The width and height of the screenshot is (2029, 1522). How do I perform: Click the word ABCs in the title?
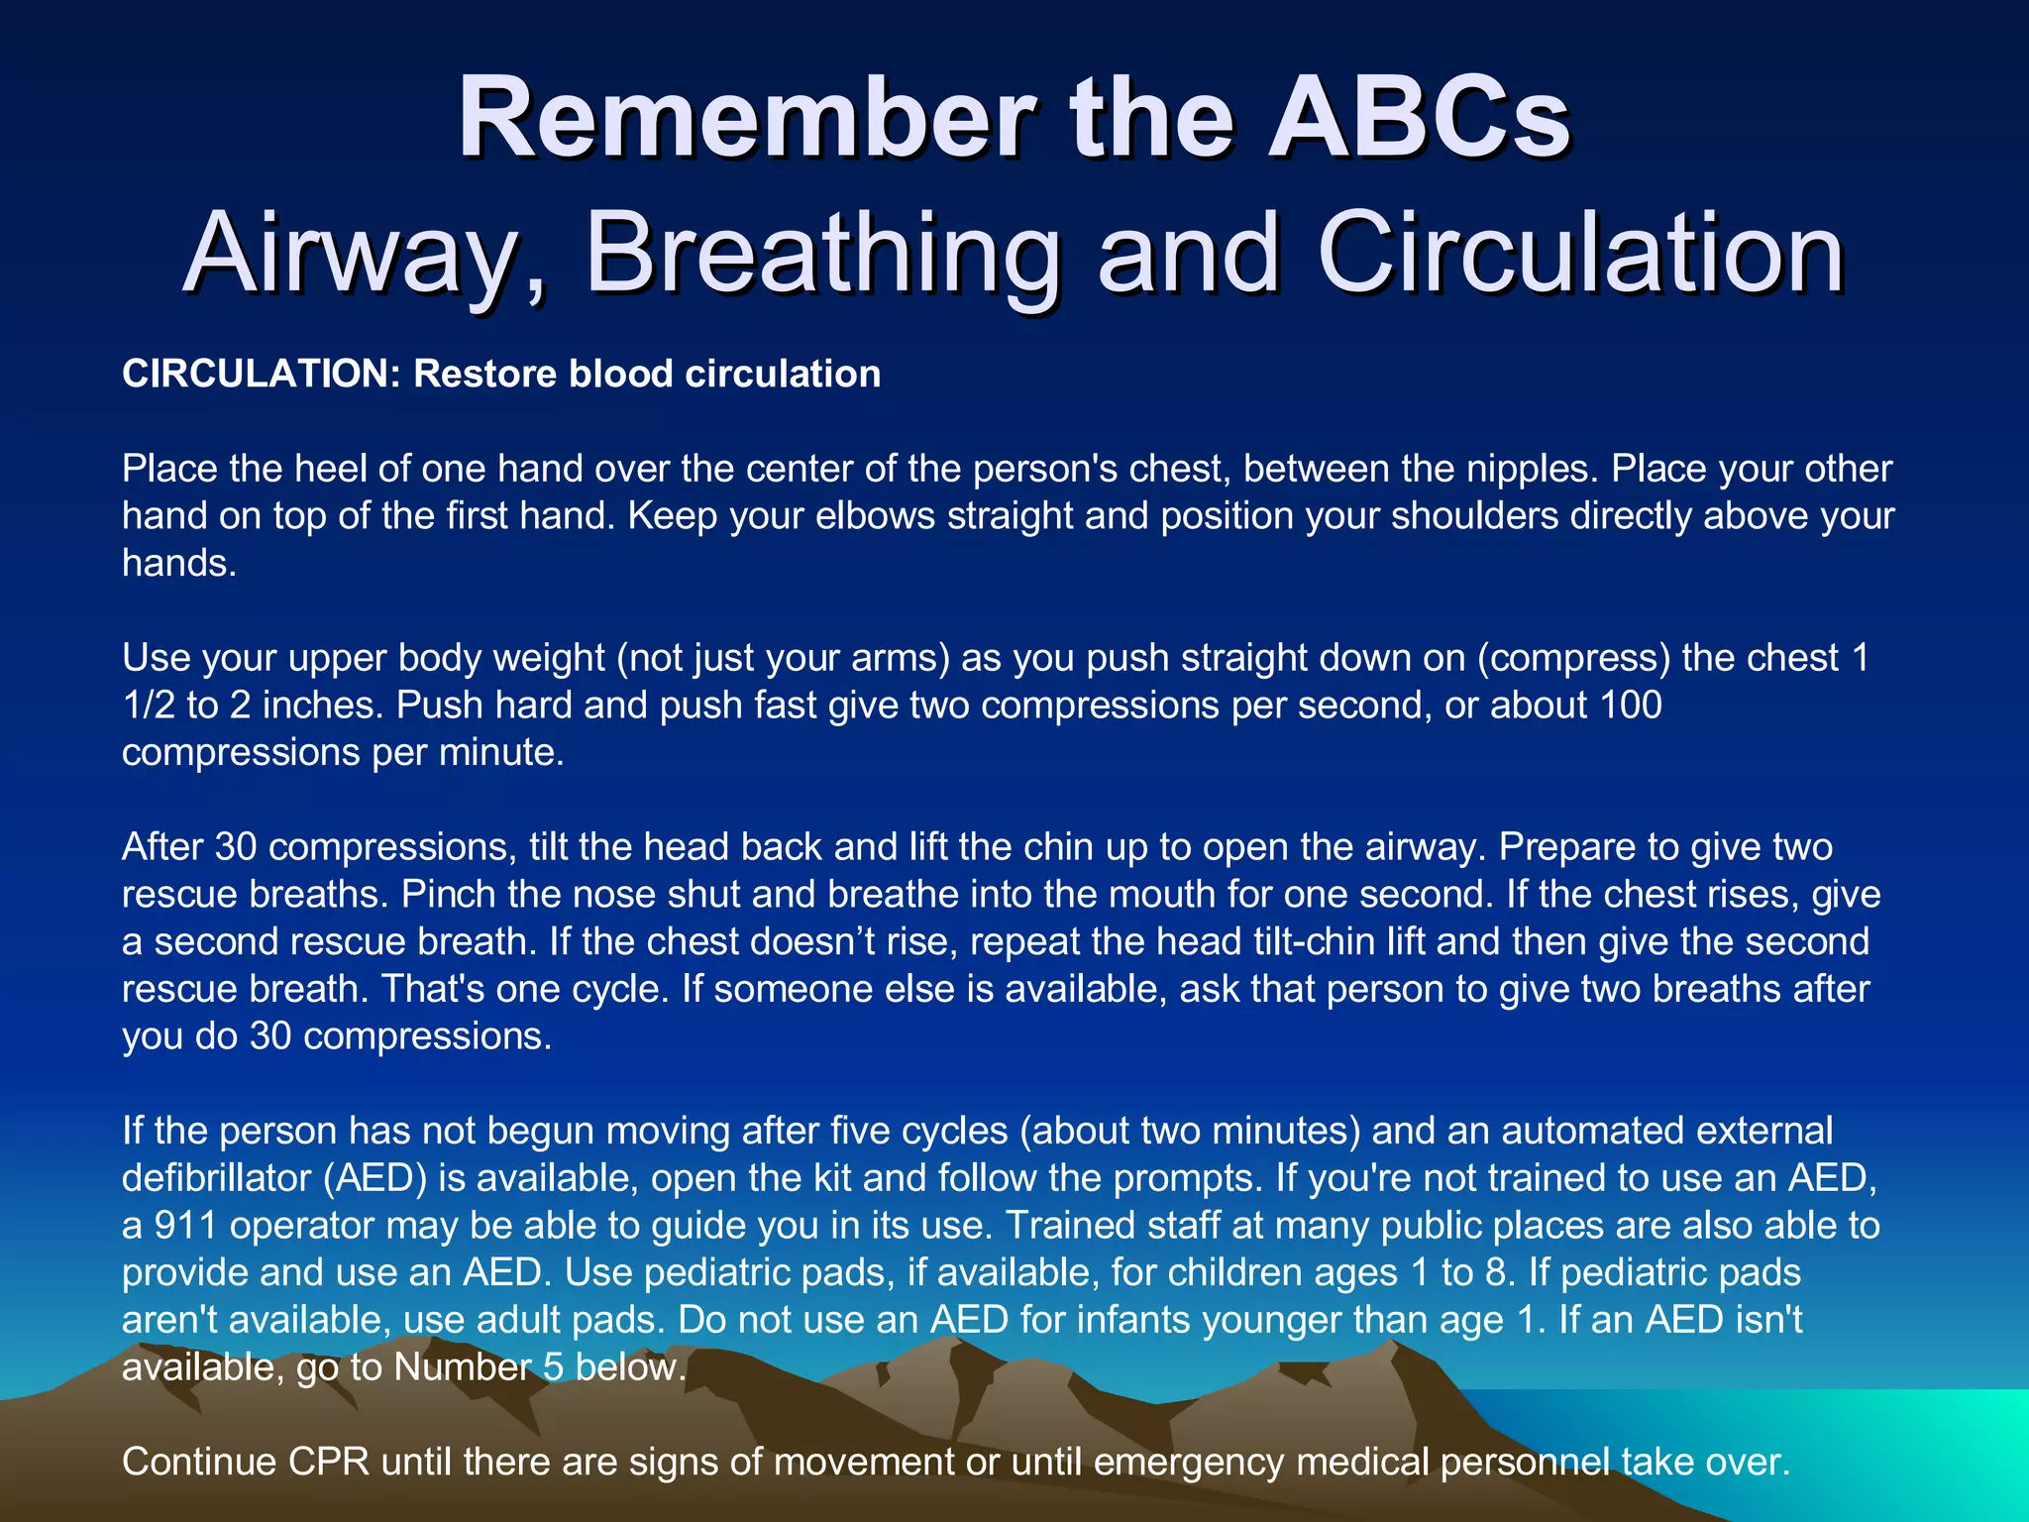[1419, 119]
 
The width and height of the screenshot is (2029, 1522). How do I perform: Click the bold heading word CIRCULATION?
[261, 375]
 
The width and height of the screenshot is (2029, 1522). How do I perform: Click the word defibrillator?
[216, 1178]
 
